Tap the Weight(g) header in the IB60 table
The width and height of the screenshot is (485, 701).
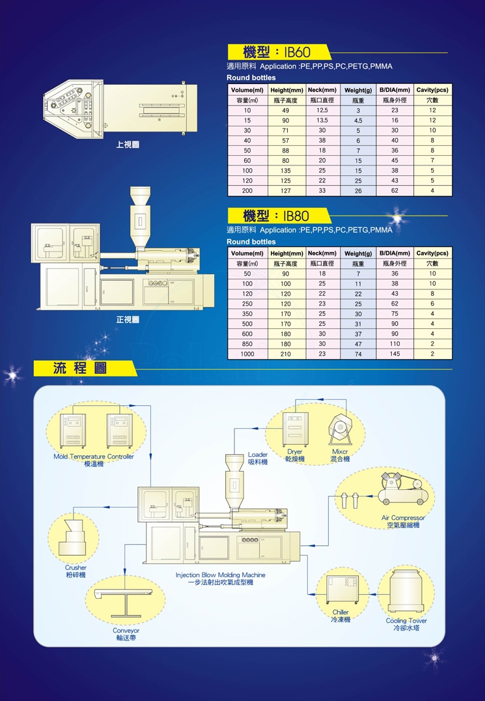click(357, 90)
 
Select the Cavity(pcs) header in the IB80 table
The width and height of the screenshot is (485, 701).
click(432, 253)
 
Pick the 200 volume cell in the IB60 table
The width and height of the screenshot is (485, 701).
click(247, 190)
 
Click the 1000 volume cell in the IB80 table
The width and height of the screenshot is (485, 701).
click(247, 354)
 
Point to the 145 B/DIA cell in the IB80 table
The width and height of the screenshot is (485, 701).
click(395, 354)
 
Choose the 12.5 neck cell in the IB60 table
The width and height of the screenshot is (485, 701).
click(322, 110)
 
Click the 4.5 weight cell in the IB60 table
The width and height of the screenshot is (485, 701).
click(358, 121)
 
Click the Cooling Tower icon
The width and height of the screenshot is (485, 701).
click(406, 591)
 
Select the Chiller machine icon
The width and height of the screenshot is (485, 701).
click(342, 589)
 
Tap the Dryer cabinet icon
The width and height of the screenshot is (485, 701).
click(295, 429)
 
